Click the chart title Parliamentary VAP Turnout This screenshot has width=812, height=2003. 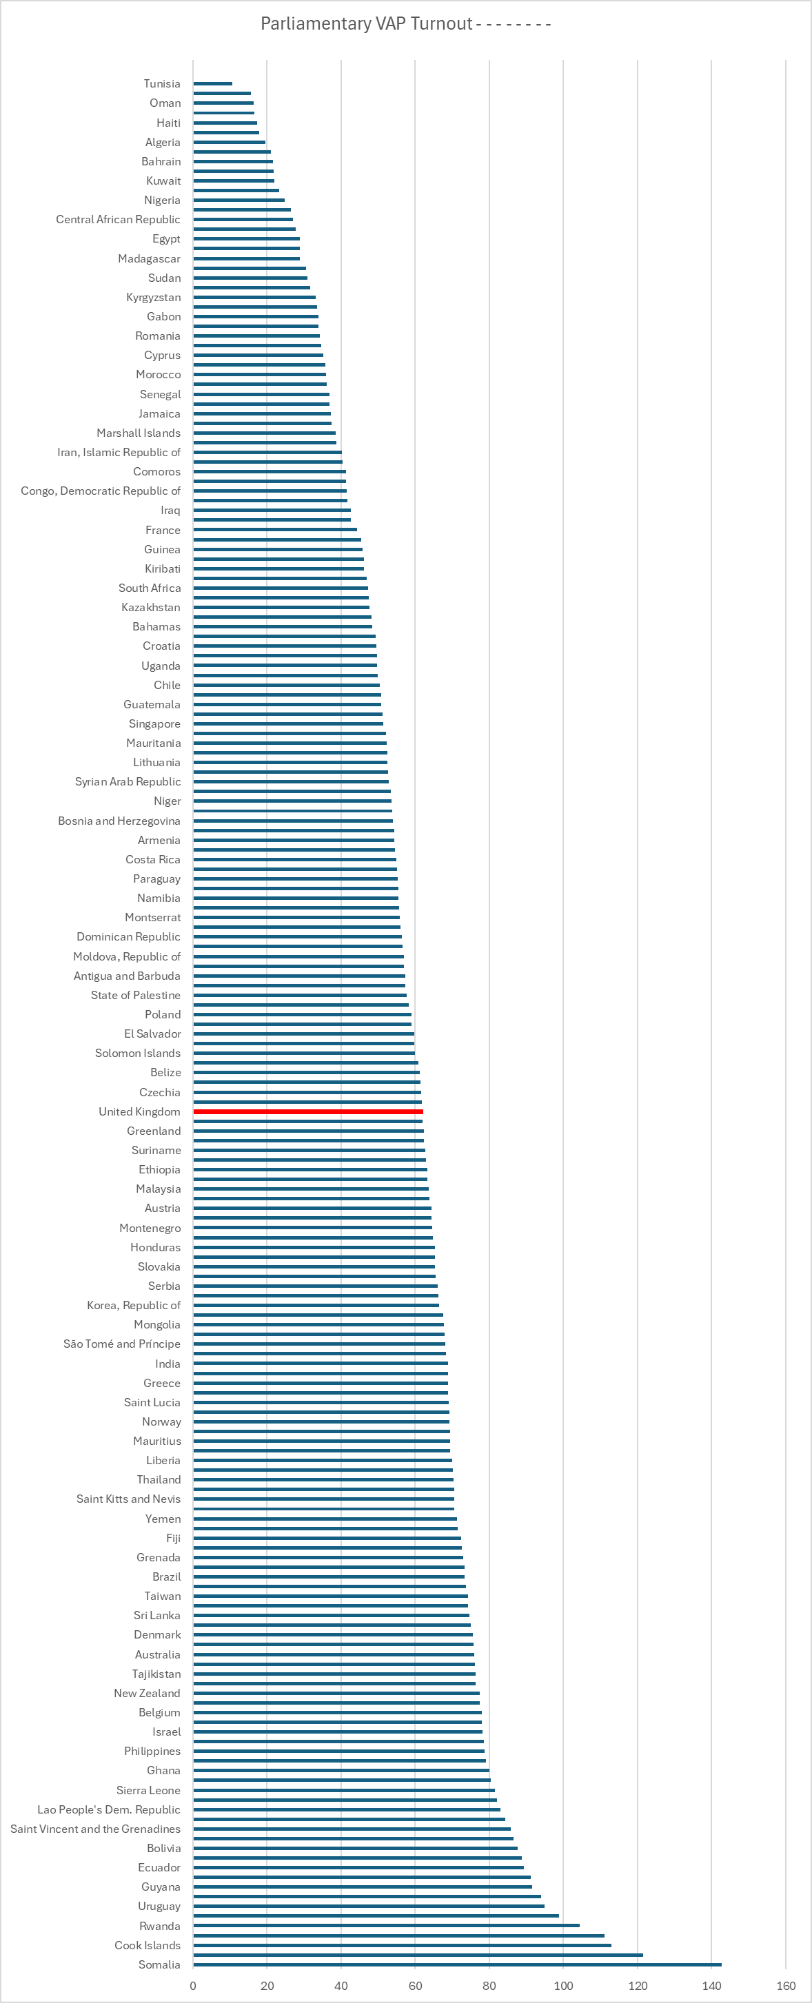click(x=366, y=24)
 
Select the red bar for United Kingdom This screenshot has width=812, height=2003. click(x=308, y=1112)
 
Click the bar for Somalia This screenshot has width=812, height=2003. click(x=457, y=1965)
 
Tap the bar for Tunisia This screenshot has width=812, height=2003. click(x=212, y=84)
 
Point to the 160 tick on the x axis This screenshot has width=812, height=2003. click(x=786, y=1985)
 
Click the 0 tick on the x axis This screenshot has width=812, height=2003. click(x=193, y=1985)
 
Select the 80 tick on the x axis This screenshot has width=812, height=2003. click(x=489, y=1985)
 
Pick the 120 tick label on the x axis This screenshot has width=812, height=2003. click(x=638, y=1985)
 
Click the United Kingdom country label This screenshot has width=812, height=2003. click(x=139, y=1112)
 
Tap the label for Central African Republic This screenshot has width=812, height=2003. click(x=119, y=219)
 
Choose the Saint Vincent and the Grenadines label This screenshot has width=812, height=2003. click(x=95, y=1829)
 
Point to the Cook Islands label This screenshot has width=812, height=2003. click(x=147, y=1945)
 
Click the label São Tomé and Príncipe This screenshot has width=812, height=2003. click(x=121, y=1344)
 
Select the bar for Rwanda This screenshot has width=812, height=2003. click(x=386, y=1926)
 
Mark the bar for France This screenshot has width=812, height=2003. click(x=274, y=530)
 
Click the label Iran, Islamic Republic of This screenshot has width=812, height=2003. click(x=119, y=452)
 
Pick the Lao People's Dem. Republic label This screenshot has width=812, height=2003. click(x=108, y=1809)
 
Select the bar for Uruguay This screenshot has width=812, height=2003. click(x=368, y=1907)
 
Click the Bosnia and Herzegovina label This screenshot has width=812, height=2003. click(x=119, y=821)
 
